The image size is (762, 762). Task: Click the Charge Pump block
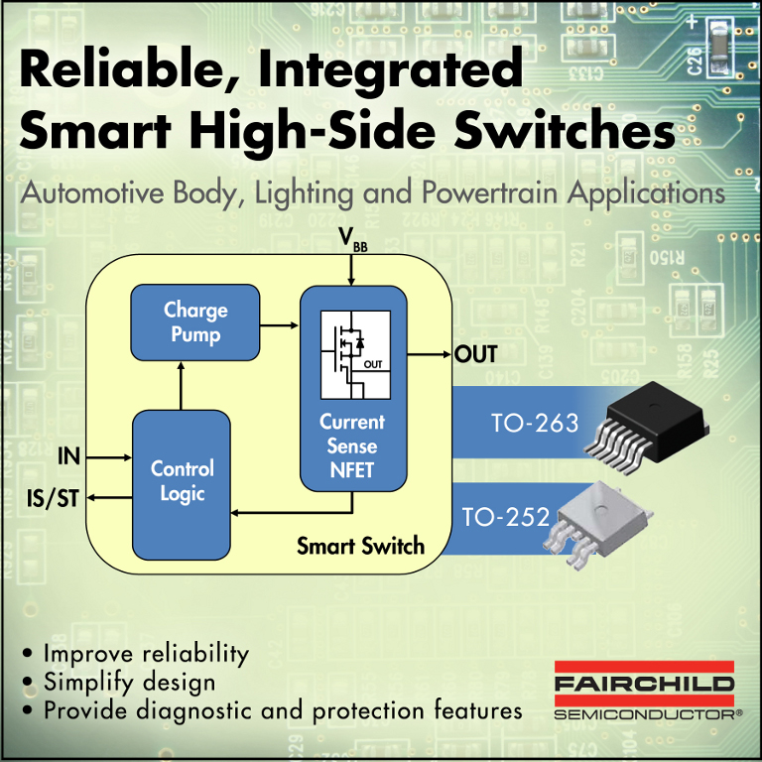pyautogui.click(x=195, y=322)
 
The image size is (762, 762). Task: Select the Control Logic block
pyautogui.click(x=182, y=481)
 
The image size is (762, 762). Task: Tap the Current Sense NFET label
pyautogui.click(x=352, y=446)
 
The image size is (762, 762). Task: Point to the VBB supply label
pyautogui.click(x=352, y=241)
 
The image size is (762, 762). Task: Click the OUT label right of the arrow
pyautogui.click(x=475, y=354)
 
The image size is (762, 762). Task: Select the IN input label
pyautogui.click(x=68, y=457)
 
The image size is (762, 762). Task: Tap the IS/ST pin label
pyautogui.click(x=52, y=498)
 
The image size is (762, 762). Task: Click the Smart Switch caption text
pyautogui.click(x=360, y=546)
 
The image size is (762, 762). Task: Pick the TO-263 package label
pyautogui.click(x=535, y=424)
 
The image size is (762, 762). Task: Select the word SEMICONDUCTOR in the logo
pyautogui.click(x=640, y=713)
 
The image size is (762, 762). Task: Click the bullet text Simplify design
pyautogui.click(x=129, y=682)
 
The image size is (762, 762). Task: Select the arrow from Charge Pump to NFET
pyautogui.click(x=280, y=322)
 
